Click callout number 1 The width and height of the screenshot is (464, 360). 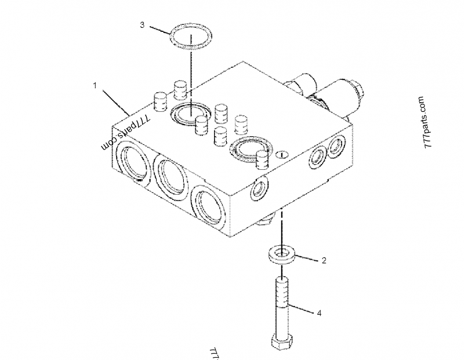pyautogui.click(x=95, y=85)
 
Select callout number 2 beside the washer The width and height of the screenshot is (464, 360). pyautogui.click(x=324, y=260)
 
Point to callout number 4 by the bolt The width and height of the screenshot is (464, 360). pyautogui.click(x=318, y=313)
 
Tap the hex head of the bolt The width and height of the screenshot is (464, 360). pyautogui.click(x=282, y=342)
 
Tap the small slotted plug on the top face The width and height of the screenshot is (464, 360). pyautogui.click(x=282, y=155)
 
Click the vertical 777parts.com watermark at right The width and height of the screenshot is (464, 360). pyautogui.click(x=429, y=123)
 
